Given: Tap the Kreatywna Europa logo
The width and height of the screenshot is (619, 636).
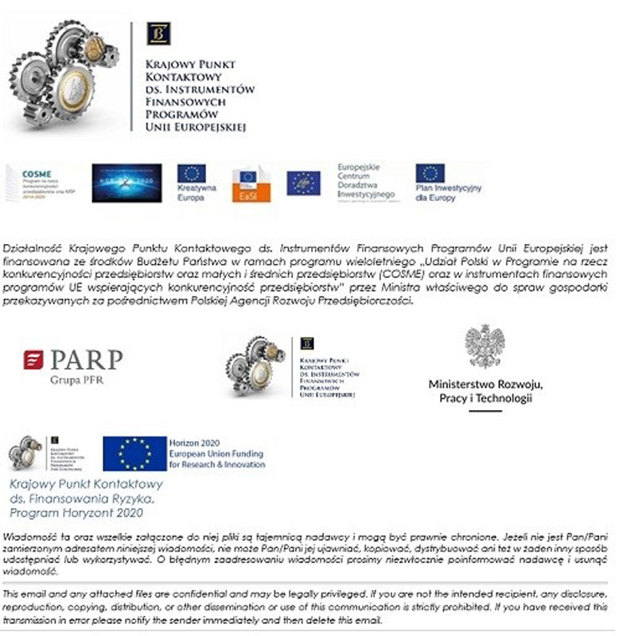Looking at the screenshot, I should [x=192, y=182].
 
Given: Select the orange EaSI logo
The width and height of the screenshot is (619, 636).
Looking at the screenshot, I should [x=251, y=184].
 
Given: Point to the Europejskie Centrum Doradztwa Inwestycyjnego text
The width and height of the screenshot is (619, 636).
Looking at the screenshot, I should [x=366, y=180].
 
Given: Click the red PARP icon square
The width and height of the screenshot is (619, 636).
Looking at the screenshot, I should [x=33, y=360].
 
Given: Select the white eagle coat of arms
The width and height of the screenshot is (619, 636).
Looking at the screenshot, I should [x=485, y=346].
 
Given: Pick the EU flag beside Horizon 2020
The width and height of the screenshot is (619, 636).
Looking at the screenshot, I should [x=134, y=453].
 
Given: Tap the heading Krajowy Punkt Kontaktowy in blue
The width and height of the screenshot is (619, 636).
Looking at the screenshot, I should [x=86, y=483].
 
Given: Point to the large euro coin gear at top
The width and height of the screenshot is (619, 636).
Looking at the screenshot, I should [x=70, y=85].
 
